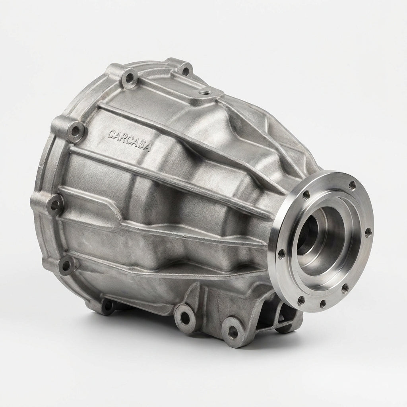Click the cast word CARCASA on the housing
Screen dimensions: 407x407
129,140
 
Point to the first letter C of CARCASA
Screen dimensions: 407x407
112,134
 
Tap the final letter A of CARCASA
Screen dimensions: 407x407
147,147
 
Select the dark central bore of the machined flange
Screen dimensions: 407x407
308,235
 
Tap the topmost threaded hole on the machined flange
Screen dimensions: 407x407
352,185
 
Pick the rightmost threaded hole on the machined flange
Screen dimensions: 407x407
368,233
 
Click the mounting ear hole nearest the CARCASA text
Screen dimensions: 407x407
75,131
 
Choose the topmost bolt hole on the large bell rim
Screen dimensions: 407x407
184,70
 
